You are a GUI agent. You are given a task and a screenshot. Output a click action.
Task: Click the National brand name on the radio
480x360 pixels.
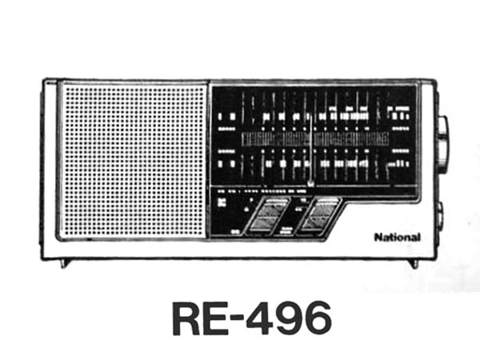pyautogui.click(x=397, y=237)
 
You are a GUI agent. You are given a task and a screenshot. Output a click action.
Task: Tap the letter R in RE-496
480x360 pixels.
pyautogui.click(x=189, y=318)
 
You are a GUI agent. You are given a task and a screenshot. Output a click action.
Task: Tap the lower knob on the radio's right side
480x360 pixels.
pyautogui.click(x=441, y=214)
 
